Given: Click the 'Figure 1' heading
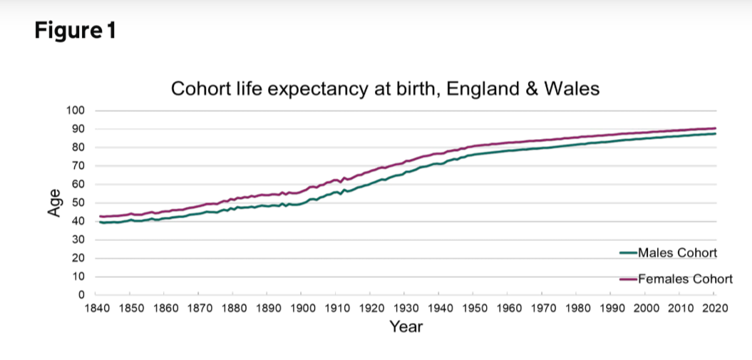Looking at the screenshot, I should coord(74,32).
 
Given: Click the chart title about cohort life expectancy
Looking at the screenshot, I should coord(385,89).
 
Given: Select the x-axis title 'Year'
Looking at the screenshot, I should coord(406,327).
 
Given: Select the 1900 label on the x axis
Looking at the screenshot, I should coord(302,308).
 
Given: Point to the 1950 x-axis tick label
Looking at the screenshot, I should coord(474,308).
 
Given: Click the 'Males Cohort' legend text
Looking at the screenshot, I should coord(677,252).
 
